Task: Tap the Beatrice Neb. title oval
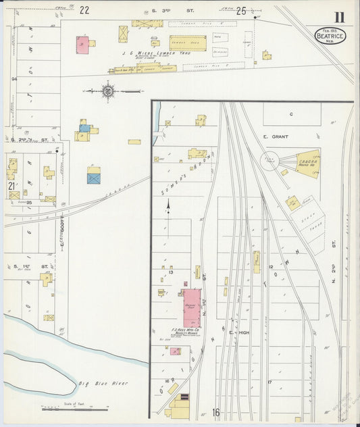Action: [330, 35]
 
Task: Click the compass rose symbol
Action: [107, 90]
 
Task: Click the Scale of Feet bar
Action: [74, 409]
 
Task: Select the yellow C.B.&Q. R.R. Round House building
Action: [307, 164]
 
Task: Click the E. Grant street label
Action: [276, 136]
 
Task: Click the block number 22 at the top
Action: [84, 9]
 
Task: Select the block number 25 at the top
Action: [241, 10]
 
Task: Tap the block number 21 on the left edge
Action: [11, 185]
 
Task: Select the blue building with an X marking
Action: [94, 178]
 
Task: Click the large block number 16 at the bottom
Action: [216, 412]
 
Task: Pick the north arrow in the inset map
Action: [168, 206]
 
